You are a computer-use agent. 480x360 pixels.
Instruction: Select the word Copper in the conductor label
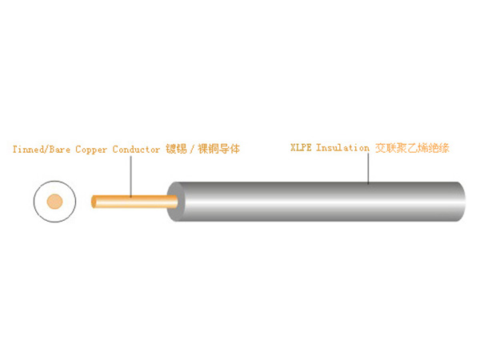(x=91, y=150)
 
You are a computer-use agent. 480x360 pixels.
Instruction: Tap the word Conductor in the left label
(x=136, y=150)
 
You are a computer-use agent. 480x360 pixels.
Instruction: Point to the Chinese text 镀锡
(x=176, y=149)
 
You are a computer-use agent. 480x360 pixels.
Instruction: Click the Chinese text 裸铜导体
(x=219, y=149)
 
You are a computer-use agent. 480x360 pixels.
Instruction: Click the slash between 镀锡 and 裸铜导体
(x=192, y=149)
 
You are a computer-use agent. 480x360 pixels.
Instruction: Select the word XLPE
(x=301, y=147)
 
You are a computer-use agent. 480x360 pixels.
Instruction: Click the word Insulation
(x=342, y=147)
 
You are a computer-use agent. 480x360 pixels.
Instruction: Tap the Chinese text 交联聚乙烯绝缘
(x=412, y=148)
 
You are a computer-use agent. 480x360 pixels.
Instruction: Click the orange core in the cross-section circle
(x=54, y=202)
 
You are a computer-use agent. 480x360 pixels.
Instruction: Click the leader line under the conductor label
(x=131, y=176)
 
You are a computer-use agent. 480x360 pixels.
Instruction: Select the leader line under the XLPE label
(x=368, y=168)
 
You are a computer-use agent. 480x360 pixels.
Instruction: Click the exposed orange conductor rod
(x=134, y=202)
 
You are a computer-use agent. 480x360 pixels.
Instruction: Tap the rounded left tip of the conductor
(x=93, y=202)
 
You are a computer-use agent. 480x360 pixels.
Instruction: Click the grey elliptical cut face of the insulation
(x=176, y=202)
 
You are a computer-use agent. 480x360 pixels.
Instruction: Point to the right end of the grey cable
(x=465, y=202)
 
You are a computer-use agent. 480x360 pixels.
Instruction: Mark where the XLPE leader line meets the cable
(x=368, y=184)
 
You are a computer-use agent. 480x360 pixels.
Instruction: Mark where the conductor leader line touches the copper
(x=131, y=197)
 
